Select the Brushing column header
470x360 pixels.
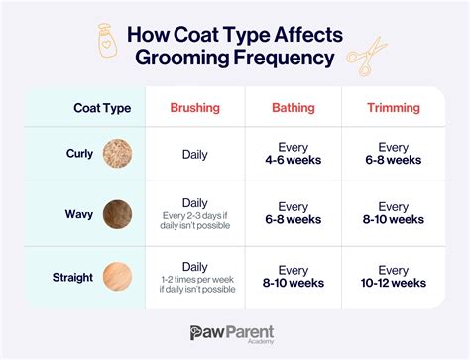pos(194,106)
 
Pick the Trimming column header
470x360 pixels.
pos(393,106)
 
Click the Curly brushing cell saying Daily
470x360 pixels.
pos(194,154)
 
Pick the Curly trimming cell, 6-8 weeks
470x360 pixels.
pos(393,154)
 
